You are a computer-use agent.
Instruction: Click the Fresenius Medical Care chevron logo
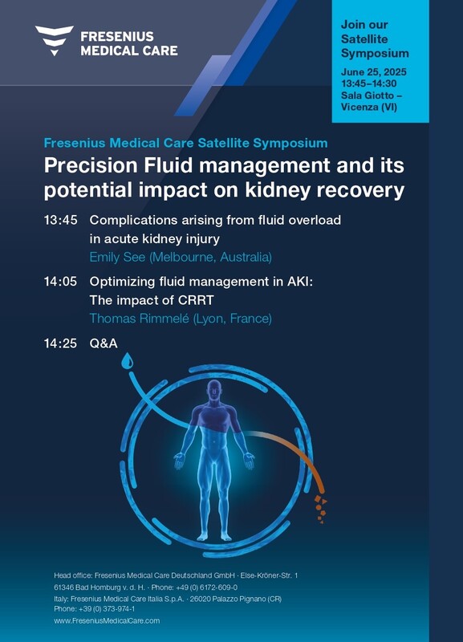[55, 40]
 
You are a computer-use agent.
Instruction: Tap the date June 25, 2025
[374, 72]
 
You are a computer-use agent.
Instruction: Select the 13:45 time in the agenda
[61, 220]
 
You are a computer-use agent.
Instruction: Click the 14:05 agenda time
[61, 282]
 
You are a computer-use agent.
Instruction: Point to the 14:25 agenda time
[61, 343]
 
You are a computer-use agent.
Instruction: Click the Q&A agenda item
[104, 343]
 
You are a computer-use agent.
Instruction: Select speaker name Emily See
[117, 257]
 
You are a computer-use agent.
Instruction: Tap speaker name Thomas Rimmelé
[140, 319]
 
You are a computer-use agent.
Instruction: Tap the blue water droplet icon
[128, 360]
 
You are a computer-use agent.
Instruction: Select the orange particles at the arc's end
[320, 510]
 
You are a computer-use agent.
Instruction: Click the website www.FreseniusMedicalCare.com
[107, 620]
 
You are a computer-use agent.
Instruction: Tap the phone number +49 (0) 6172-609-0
[207, 587]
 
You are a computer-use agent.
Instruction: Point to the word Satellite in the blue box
[364, 39]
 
